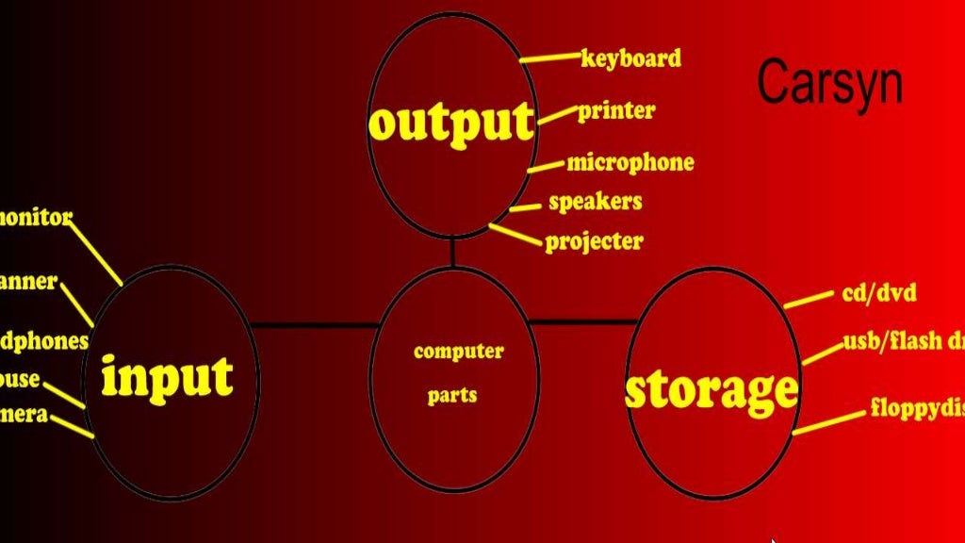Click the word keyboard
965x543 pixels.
[630, 58]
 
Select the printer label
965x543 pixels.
[615, 111]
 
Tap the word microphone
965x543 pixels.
[630, 162]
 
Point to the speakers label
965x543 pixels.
[595, 202]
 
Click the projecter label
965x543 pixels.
[594, 241]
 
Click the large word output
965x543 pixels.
[451, 123]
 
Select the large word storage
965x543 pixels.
[711, 389]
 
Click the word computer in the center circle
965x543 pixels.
[459, 352]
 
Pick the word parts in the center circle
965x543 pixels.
[452, 394]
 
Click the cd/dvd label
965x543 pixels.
[878, 292]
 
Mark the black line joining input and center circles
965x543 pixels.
[315, 325]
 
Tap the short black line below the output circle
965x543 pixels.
[452, 252]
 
